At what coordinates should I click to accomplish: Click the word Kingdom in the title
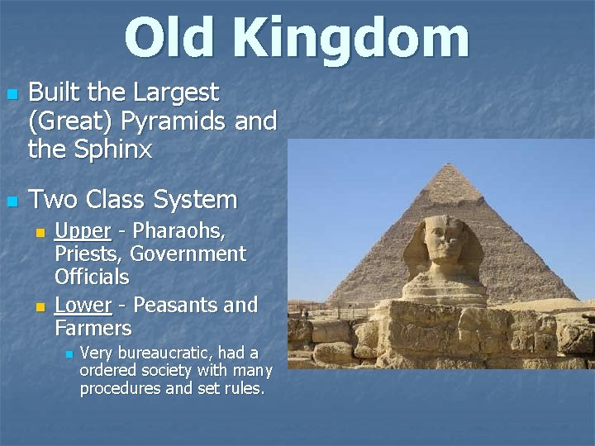tap(350, 39)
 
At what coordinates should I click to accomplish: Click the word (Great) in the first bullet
tap(71, 121)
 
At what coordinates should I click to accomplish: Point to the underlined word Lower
tap(83, 305)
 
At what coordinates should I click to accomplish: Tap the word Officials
tap(92, 276)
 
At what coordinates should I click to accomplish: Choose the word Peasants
tap(174, 305)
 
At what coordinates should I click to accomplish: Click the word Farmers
tap(93, 328)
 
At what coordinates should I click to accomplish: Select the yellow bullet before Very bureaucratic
tap(69, 354)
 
